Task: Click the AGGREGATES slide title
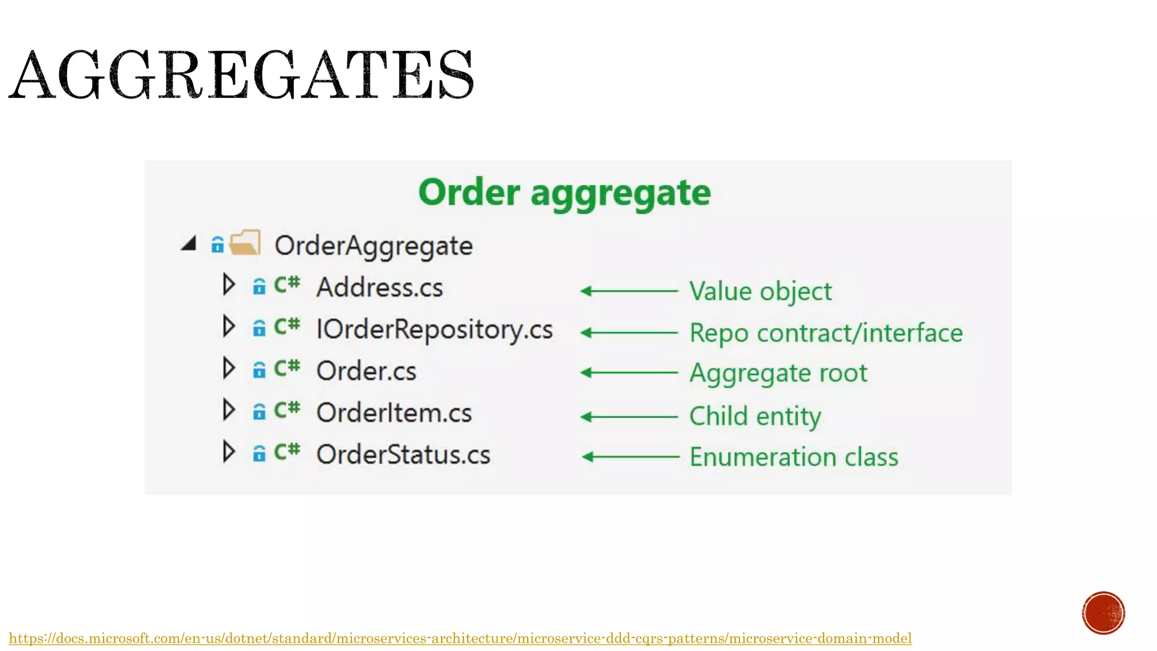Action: (x=241, y=75)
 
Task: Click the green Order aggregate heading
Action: (x=564, y=193)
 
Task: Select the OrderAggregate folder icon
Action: (x=245, y=243)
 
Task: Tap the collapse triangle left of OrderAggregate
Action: (x=189, y=244)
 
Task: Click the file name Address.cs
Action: (x=379, y=288)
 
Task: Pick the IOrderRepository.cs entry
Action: (x=434, y=329)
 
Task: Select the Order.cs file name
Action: (x=366, y=371)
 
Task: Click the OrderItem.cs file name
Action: (x=394, y=413)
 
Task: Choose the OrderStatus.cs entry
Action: (x=403, y=455)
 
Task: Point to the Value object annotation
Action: (x=760, y=292)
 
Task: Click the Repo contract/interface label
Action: (x=826, y=333)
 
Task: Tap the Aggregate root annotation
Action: (x=778, y=373)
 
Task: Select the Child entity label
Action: (x=755, y=416)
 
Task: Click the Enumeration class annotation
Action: (x=793, y=457)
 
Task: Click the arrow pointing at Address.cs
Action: (x=629, y=291)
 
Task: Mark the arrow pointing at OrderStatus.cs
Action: (x=630, y=457)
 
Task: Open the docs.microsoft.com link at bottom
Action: (x=460, y=639)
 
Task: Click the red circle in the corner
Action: (x=1103, y=613)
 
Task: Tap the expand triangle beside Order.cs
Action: (x=228, y=368)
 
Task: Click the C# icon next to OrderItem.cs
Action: (x=287, y=410)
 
